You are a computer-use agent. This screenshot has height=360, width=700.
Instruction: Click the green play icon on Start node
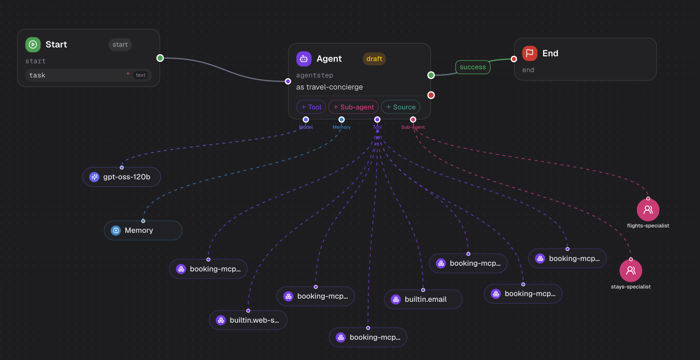coord(33,45)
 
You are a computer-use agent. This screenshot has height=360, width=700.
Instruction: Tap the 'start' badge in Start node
coord(120,45)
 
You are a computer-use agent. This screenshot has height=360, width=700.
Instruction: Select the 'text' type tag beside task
coord(141,75)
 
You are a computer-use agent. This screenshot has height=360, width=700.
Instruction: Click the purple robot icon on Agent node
coord(304,59)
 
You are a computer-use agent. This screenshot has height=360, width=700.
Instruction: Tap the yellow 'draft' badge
coord(374,59)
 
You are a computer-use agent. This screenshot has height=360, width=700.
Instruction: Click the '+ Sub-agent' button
coord(353,107)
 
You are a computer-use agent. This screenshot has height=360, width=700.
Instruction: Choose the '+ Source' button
coord(401,107)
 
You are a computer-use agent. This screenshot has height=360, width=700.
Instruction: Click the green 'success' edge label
coord(473,67)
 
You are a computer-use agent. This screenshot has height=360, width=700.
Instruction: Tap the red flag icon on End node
coord(530,53)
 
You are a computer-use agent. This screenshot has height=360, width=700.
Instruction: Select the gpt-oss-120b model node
coord(122,177)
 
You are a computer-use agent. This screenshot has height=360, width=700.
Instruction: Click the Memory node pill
coord(143,230)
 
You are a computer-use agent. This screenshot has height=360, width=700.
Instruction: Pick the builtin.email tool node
coord(423,299)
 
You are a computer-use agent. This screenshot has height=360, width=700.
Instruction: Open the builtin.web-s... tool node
coord(248,320)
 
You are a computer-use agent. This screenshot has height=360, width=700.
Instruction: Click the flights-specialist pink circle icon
coord(648,210)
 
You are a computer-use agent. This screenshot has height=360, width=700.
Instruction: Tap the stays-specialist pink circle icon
coord(631,270)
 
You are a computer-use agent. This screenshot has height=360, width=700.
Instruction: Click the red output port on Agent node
coord(431,95)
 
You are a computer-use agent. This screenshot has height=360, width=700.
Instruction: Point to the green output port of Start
coord(160,58)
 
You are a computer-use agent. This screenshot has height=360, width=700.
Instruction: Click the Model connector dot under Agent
coord(306,120)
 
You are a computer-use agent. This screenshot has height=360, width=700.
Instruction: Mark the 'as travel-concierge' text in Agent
coord(329,87)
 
